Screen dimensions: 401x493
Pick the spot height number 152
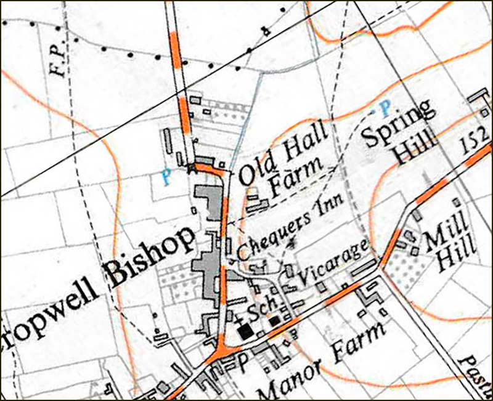click(x=475, y=142)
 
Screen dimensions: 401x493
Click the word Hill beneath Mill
click(x=457, y=257)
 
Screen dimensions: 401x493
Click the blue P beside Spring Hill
click(x=386, y=109)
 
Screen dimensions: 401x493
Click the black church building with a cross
click(x=246, y=331)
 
